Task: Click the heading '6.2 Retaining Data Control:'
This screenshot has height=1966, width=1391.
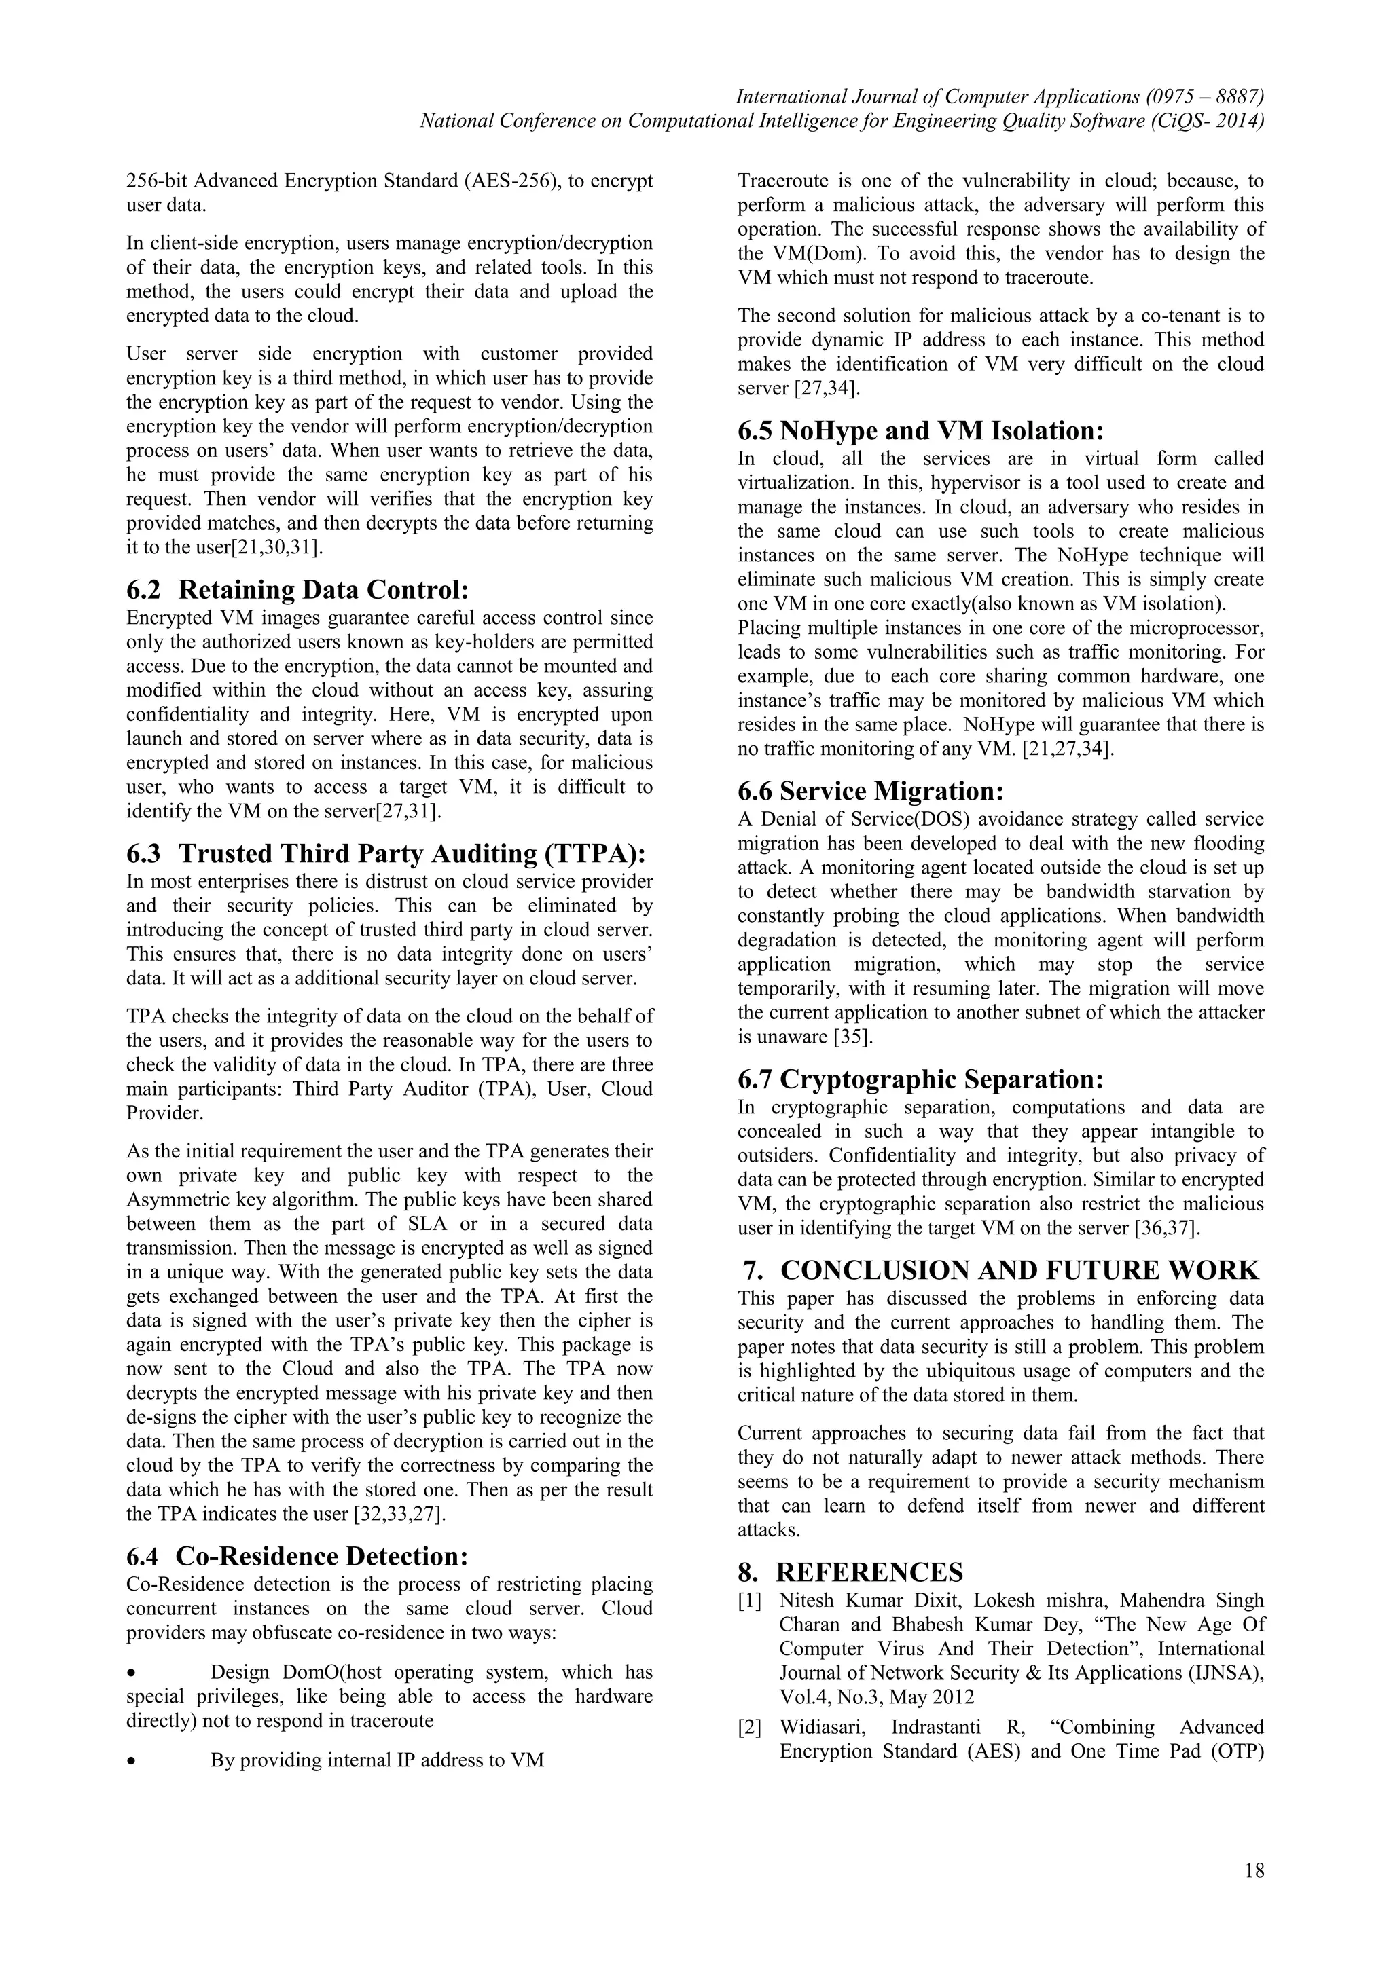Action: pyautogui.click(x=298, y=590)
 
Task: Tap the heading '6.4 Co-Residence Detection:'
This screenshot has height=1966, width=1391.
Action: pyautogui.click(x=297, y=1556)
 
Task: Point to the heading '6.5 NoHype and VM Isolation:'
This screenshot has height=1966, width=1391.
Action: pyautogui.click(x=921, y=430)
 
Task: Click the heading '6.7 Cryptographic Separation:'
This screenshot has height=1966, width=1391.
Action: pyautogui.click(x=921, y=1079)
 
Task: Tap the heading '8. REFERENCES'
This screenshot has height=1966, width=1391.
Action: pyautogui.click(x=850, y=1572)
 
